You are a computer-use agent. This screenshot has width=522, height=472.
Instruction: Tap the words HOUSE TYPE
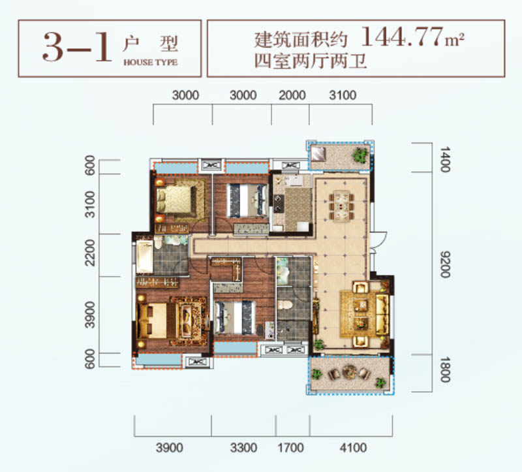150,63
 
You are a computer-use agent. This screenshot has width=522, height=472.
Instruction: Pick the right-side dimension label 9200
446,264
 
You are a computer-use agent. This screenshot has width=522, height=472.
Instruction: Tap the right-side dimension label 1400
446,159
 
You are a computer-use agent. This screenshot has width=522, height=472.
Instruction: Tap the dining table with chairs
341,204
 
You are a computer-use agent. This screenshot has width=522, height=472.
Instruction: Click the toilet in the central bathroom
286,306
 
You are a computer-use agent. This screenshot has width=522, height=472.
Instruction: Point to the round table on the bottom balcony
348,374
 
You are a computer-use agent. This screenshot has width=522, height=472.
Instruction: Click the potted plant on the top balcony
360,155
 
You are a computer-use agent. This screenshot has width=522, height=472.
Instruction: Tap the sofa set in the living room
365,312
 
